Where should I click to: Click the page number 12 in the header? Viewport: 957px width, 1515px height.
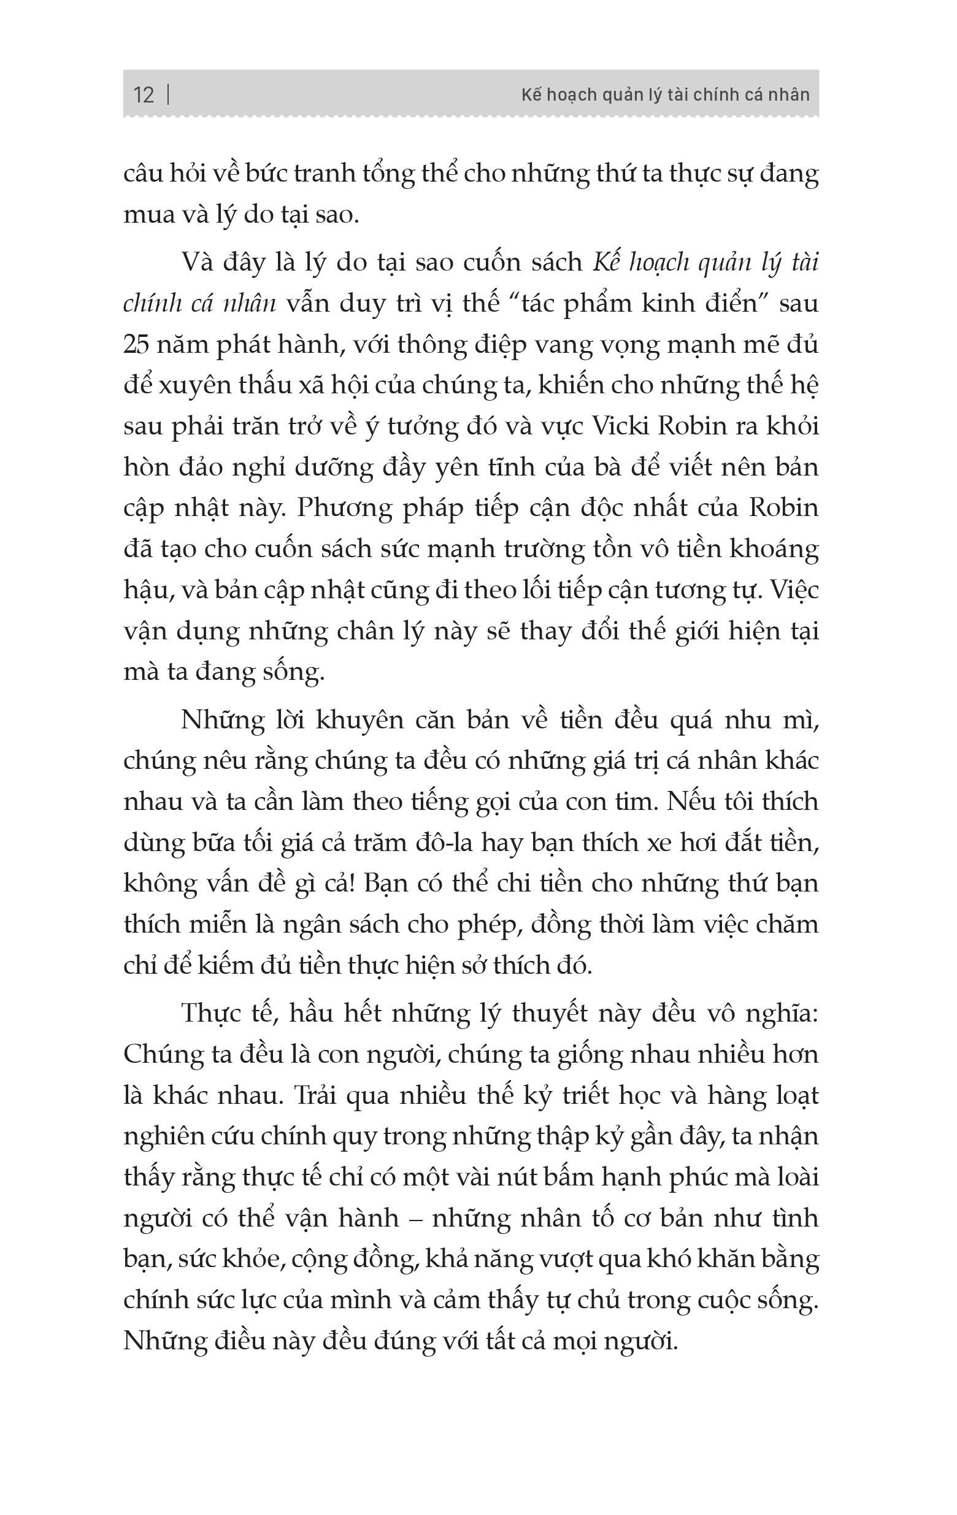coord(144,95)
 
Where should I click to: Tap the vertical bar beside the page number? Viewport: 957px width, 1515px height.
coord(168,94)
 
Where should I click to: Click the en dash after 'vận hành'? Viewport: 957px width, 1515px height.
coord(415,1219)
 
